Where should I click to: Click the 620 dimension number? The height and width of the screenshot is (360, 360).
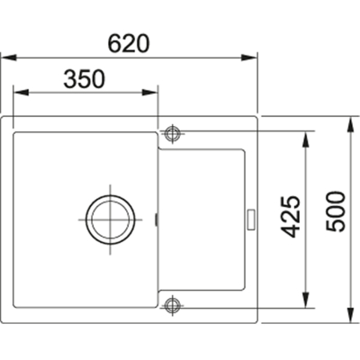coord(129,43)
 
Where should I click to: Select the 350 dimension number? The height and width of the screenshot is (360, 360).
coord(85,79)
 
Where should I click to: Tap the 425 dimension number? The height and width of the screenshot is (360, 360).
coord(291,216)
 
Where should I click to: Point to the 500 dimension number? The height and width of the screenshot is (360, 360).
coord(336,211)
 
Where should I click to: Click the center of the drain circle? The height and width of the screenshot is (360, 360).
coord(110,220)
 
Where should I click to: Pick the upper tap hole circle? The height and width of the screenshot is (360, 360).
coord(172,133)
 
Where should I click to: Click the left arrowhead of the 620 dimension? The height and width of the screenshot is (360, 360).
coord(9,58)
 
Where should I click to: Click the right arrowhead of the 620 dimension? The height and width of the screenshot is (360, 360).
coord(249,58)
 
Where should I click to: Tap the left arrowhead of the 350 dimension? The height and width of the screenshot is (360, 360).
coord(21,93)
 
